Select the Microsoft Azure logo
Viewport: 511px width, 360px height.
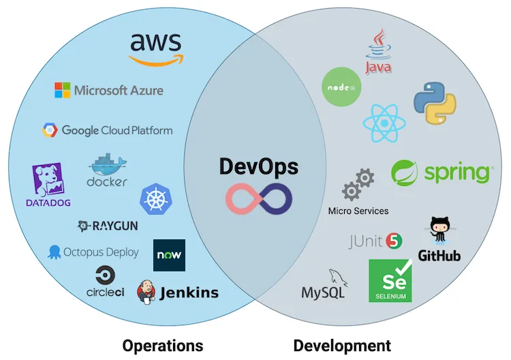(109, 90)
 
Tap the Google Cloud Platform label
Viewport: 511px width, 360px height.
(108, 130)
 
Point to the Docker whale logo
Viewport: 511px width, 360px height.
(107, 166)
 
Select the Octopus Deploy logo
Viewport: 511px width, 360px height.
(93, 252)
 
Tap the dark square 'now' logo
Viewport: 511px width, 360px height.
(169, 256)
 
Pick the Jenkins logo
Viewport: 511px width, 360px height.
(178, 292)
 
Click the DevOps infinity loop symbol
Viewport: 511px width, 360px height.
(259, 198)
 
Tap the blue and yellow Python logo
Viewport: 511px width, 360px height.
(434, 103)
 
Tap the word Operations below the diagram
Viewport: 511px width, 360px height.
(162, 345)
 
